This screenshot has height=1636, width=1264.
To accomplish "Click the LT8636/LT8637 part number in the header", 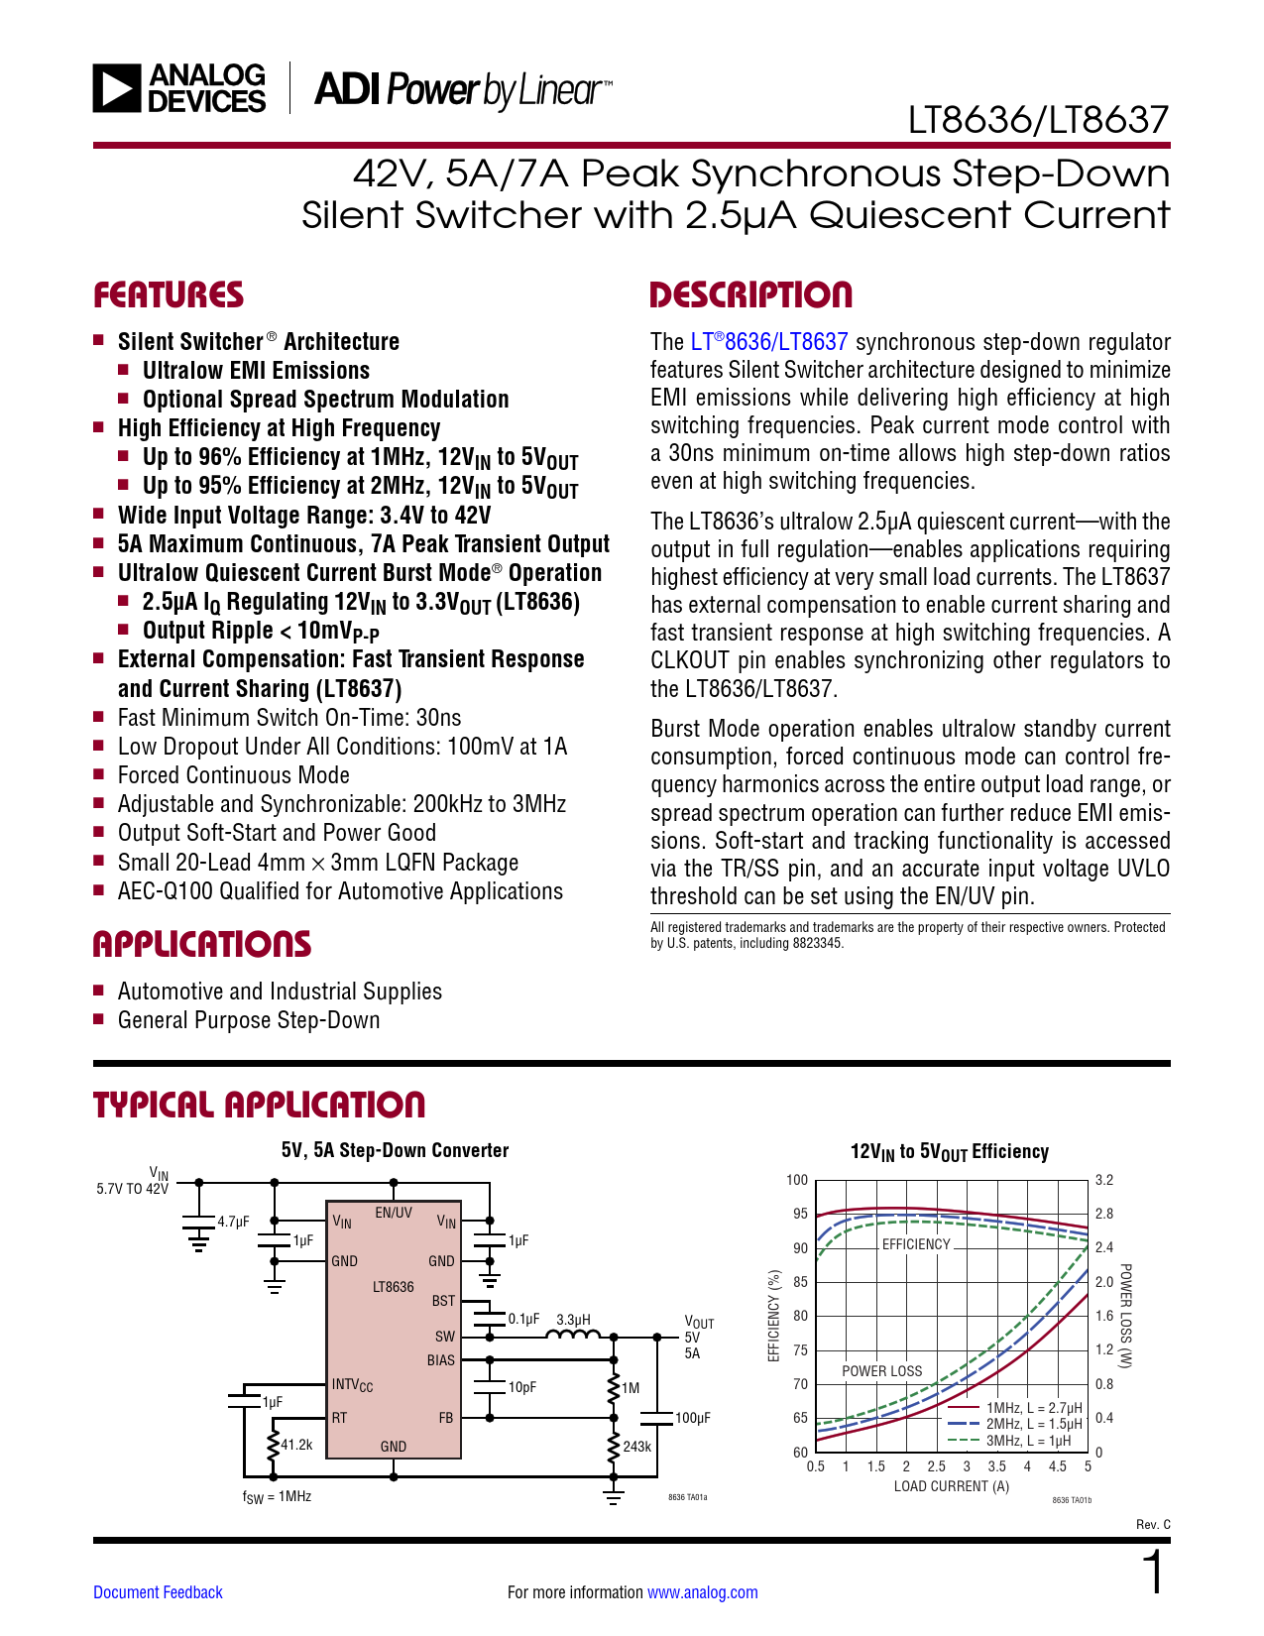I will (1038, 120).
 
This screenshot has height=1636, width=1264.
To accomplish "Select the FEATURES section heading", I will (168, 294).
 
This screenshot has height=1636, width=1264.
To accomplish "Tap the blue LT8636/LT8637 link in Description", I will (769, 342).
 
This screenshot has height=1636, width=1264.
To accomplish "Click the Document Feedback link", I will (158, 1592).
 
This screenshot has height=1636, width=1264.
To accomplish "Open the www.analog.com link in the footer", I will (702, 1592).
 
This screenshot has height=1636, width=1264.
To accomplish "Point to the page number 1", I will (1154, 1574).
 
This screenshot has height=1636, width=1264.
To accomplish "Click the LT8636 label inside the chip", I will (394, 1287).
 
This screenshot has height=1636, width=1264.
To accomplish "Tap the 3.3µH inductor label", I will (573, 1320).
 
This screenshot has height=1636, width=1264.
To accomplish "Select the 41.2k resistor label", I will (296, 1445).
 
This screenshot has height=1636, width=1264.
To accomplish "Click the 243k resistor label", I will (636, 1447).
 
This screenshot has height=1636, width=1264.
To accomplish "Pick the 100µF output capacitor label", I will (692, 1418).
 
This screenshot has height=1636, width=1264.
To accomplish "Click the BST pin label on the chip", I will (443, 1300).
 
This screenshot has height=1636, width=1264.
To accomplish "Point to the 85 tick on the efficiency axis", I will (800, 1282).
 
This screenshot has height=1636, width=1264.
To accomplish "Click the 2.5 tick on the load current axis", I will (936, 1466).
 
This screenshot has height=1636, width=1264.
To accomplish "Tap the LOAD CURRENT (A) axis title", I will (951, 1486).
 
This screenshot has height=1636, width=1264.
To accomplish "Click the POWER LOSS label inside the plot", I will (881, 1371).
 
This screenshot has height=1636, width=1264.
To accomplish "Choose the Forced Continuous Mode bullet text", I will (233, 775).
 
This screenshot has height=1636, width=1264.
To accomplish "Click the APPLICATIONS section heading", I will (202, 944).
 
